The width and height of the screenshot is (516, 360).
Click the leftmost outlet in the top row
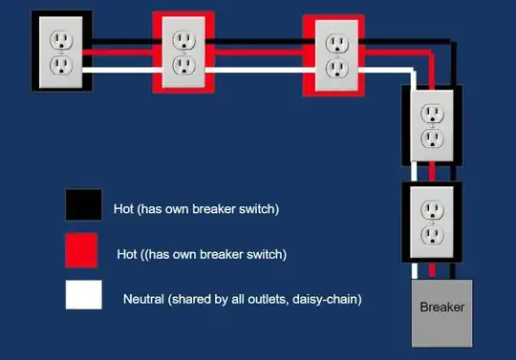point(62,52)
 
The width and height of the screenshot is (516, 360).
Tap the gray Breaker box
point(441,312)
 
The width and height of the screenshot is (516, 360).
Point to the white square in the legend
point(82,296)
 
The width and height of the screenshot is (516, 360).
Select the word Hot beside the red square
point(127,254)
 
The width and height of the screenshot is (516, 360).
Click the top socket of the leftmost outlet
point(62,39)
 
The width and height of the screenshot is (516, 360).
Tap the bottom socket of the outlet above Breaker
point(433,234)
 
